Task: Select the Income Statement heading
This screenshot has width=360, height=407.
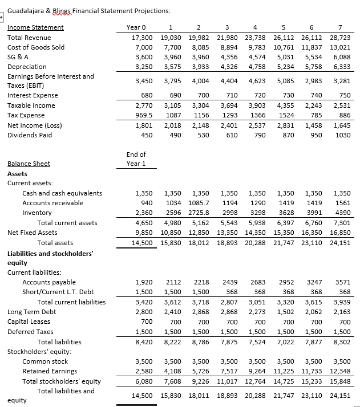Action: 35,27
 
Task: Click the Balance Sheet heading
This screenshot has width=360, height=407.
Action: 29,164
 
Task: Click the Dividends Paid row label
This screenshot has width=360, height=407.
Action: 29,135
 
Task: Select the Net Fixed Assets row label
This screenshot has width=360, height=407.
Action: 32,233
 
